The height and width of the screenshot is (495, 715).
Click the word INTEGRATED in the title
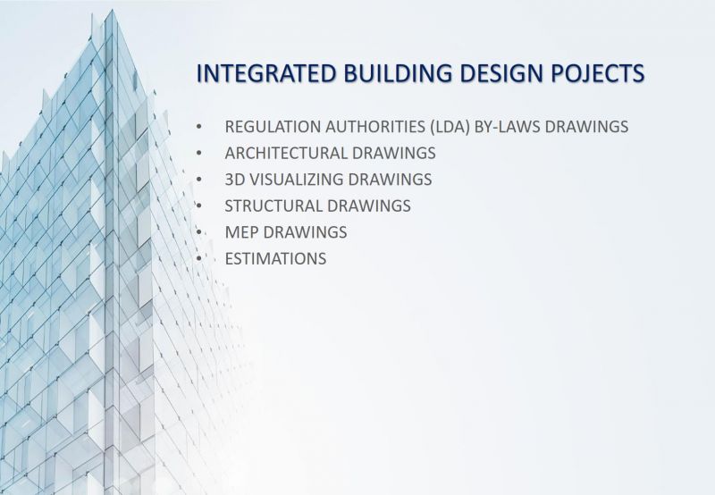coord(266,73)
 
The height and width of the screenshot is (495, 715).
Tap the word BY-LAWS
coord(508,126)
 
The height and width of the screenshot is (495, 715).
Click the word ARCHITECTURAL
coord(286,153)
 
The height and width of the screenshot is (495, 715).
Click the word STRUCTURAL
coord(273,206)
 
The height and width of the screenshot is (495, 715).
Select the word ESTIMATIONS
coord(275,258)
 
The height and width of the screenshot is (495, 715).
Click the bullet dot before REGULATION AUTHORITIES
coord(198,126)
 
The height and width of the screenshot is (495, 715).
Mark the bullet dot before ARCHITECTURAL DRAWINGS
coord(198,153)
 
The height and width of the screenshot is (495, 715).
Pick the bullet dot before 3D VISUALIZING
coord(198,179)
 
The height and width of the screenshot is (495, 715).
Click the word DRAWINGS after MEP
coord(305,232)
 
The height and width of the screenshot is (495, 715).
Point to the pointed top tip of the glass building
coord(111,10)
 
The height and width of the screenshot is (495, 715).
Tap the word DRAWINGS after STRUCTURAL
coord(368,206)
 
